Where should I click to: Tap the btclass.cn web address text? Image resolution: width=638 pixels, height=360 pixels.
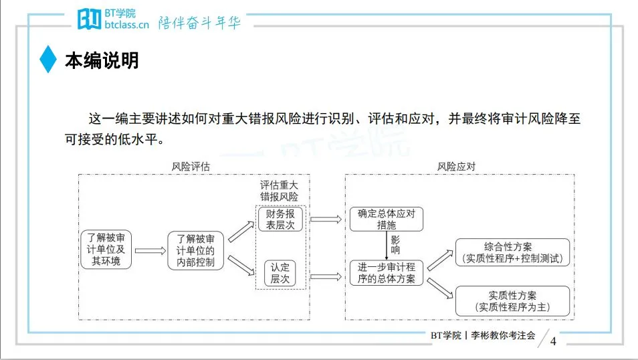pyautogui.click(x=126, y=25)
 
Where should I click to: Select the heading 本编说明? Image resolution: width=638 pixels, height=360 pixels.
pyautogui.click(x=102, y=60)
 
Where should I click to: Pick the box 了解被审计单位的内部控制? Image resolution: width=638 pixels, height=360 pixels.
pyautogui.click(x=195, y=250)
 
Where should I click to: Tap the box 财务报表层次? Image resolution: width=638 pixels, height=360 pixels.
pyautogui.click(x=280, y=219)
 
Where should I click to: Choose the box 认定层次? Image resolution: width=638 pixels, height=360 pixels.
pyautogui.click(x=280, y=273)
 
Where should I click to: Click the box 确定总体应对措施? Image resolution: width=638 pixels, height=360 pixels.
pyautogui.click(x=387, y=219)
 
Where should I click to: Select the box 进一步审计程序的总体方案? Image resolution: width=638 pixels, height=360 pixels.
pyautogui.click(x=387, y=272)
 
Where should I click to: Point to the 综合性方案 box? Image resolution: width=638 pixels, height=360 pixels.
pyautogui.click(x=512, y=252)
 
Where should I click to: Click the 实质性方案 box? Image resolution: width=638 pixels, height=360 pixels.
pyautogui.click(x=512, y=301)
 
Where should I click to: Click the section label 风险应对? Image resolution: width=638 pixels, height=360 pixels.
pyautogui.click(x=457, y=167)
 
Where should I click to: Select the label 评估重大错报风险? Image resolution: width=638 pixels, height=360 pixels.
pyautogui.click(x=280, y=191)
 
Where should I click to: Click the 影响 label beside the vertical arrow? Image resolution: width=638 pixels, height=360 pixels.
pyautogui.click(x=396, y=245)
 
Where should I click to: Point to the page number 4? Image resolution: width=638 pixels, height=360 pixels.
pyautogui.click(x=553, y=342)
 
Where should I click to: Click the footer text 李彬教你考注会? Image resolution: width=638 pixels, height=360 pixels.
pyautogui.click(x=504, y=336)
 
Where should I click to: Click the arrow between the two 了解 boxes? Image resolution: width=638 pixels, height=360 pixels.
pyautogui.click(x=150, y=251)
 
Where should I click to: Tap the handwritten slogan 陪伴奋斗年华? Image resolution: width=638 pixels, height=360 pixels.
pyautogui.click(x=199, y=23)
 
